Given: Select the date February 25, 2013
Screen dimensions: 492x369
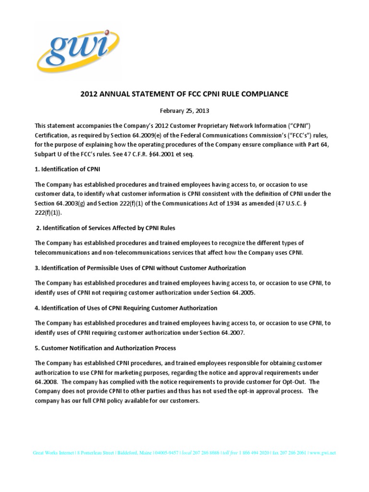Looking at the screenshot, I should [184, 111].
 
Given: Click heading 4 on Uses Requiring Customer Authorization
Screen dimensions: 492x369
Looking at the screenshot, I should [126, 307].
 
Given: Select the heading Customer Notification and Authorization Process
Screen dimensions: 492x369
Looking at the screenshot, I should [106, 347].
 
